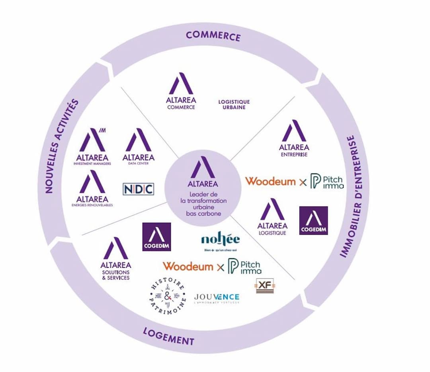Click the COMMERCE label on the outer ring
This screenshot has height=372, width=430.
(213, 35)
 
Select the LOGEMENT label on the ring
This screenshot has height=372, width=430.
(168, 336)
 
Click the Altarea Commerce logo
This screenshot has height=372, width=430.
(181, 91)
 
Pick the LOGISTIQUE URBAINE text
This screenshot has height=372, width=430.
(234, 105)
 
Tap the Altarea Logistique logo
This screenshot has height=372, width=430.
(273, 216)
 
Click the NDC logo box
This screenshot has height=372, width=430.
(138, 189)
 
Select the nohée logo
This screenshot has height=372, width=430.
(220, 241)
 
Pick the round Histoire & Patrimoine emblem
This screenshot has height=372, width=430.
(167, 296)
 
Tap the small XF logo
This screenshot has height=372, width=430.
(265, 286)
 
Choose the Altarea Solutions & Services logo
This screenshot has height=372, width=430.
(115, 259)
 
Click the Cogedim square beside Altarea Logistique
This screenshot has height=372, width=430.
(313, 220)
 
